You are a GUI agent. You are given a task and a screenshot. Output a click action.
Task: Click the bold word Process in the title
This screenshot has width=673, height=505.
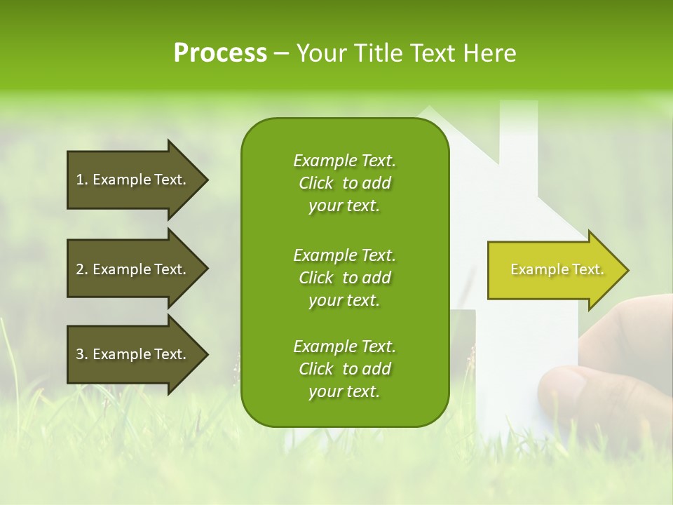click(x=220, y=53)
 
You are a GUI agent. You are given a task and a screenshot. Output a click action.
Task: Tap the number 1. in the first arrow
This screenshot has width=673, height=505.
click(x=82, y=180)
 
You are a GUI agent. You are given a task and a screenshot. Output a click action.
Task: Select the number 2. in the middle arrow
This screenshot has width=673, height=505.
click(x=82, y=269)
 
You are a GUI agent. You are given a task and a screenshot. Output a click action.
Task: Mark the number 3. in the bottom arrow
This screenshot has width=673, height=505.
click(x=82, y=354)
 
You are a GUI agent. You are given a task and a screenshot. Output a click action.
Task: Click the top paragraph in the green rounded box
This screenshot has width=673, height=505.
click(x=344, y=183)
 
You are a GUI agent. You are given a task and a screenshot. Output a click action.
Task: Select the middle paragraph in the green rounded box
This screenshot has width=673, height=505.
click(x=344, y=278)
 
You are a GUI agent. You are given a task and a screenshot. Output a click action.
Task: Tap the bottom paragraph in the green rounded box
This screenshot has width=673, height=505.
click(x=344, y=369)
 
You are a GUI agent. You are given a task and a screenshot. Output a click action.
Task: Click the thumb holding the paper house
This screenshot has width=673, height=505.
click(x=565, y=389)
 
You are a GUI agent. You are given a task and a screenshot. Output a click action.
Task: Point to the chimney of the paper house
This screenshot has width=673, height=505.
click(x=518, y=130)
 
